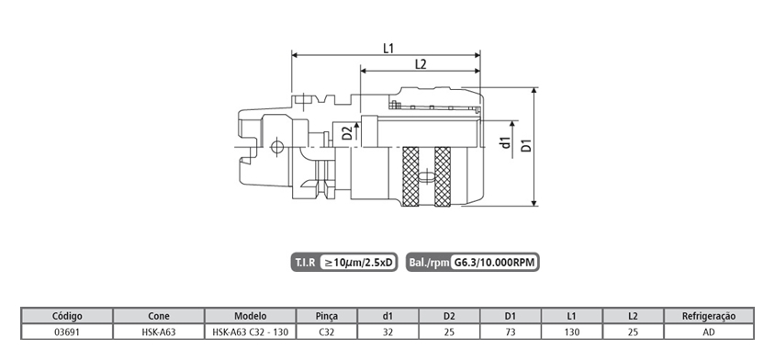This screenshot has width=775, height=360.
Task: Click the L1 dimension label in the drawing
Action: click(x=388, y=49)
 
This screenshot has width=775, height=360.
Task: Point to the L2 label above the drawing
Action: click(x=421, y=64)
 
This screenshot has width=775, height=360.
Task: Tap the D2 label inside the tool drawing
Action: click(x=348, y=133)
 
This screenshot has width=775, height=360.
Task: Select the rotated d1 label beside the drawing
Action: click(x=505, y=143)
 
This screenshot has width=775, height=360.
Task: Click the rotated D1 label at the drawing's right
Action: click(x=527, y=145)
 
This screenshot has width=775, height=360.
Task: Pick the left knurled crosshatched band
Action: click(x=410, y=176)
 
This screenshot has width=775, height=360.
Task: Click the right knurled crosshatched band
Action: click(x=443, y=176)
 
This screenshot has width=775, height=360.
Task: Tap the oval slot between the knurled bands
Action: click(x=426, y=176)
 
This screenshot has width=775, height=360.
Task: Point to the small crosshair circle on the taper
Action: click(x=276, y=147)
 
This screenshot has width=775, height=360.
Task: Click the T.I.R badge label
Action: click(x=305, y=262)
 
